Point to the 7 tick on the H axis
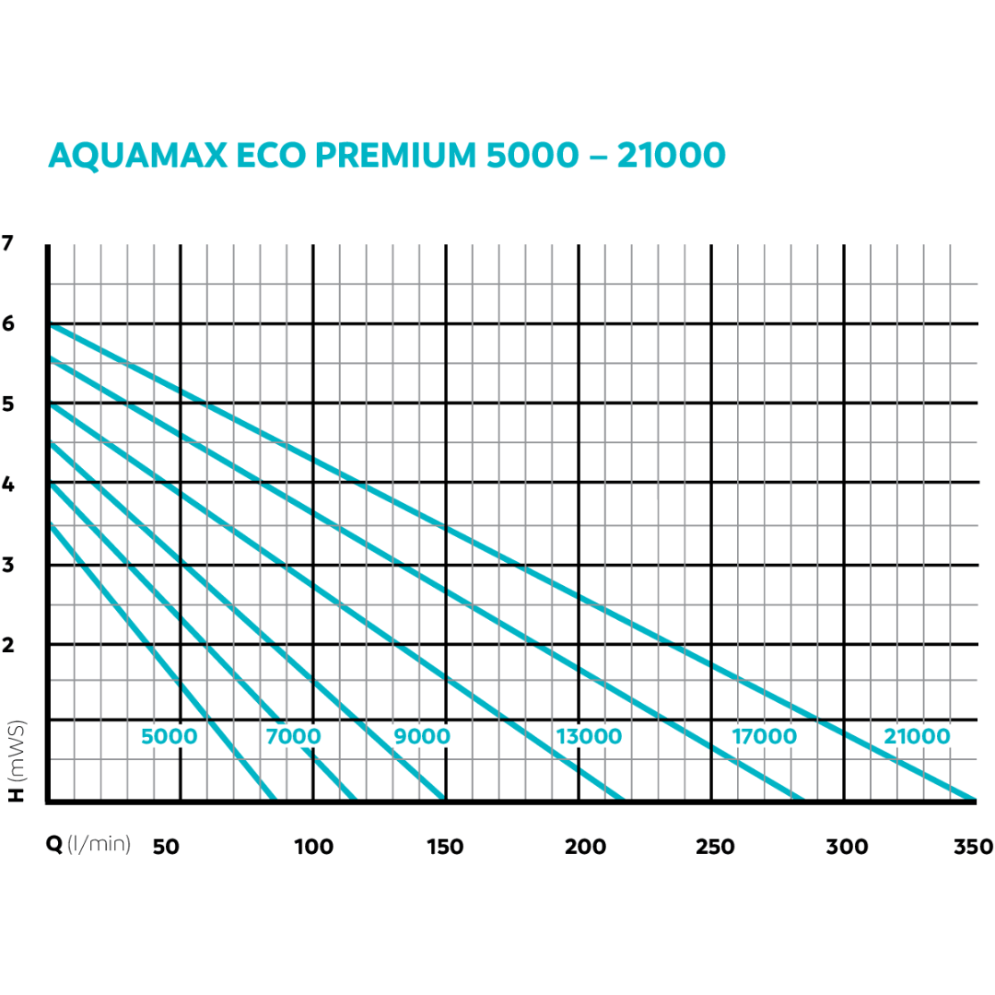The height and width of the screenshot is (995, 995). [x=9, y=244]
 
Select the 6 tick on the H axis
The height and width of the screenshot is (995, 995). [x=9, y=324]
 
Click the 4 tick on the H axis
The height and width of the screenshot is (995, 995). [x=9, y=485]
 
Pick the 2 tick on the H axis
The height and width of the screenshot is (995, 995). [x=9, y=645]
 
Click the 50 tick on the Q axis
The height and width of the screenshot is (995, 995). [x=166, y=847]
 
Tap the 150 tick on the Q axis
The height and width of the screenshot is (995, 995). [x=446, y=847]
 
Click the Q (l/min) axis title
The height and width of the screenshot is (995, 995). [x=88, y=845]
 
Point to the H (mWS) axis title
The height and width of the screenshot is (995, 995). [x=17, y=761]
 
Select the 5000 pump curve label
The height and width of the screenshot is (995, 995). [x=169, y=737]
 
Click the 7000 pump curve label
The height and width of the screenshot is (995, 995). [x=293, y=737]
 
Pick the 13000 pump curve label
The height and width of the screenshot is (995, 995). [x=589, y=737]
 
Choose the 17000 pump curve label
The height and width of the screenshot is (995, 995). [x=765, y=737]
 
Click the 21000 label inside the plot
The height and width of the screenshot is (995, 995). [x=916, y=737]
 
